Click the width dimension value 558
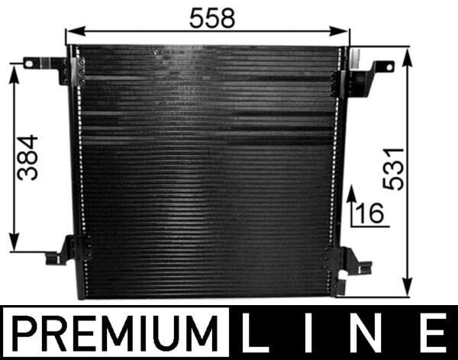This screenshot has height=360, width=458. coord(212,18)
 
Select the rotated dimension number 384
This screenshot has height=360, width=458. coord(27,156)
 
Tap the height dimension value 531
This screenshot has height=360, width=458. coord(393,170)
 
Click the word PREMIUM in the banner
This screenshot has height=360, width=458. coord(114,333)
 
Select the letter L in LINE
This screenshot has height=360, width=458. coord(256,333)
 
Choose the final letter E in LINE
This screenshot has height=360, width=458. coord(431,333)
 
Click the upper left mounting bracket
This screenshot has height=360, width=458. coord(49,68)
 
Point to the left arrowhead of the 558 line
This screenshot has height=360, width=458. coord(71,33)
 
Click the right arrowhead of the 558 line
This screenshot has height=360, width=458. coord(344,33)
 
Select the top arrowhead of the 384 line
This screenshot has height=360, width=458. coord(14,70)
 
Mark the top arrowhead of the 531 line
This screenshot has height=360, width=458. coord(408,54)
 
